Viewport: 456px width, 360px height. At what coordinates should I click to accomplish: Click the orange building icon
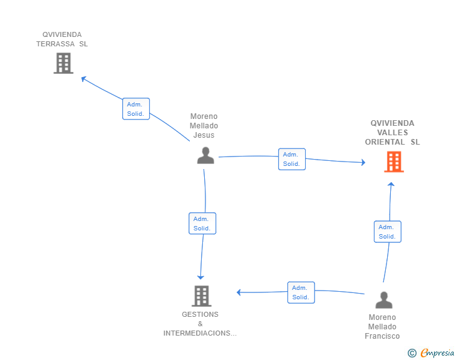point(394,162)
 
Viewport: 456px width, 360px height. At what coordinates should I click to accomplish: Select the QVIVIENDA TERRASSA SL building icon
point(63,63)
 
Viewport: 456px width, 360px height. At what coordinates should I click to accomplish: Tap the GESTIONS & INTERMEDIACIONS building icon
point(201,296)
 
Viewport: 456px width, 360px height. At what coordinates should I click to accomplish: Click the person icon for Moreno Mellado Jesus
point(205,155)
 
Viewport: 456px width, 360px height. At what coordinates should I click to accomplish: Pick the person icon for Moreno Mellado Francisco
point(384,300)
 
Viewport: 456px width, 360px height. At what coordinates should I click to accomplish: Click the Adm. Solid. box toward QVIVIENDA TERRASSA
point(136,109)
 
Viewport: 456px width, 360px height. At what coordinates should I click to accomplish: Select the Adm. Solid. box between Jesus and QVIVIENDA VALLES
point(292,159)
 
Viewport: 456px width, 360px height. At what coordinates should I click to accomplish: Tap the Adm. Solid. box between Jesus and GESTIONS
point(202,224)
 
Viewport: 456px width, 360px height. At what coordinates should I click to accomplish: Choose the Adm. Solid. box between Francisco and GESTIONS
point(301,292)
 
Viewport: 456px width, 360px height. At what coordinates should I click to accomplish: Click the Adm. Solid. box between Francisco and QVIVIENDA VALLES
point(387,232)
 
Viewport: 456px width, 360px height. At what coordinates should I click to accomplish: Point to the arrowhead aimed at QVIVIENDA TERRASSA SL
point(83,78)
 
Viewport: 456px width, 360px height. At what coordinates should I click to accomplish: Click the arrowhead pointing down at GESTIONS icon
point(200,277)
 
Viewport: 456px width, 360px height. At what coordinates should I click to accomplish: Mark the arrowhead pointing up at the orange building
point(391,184)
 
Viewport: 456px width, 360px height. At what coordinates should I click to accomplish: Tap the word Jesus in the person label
point(204,135)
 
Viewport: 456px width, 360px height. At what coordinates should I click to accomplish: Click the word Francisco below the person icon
point(382,336)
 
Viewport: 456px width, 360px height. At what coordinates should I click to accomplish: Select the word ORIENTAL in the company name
point(385,142)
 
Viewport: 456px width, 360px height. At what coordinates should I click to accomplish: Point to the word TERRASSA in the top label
point(56,44)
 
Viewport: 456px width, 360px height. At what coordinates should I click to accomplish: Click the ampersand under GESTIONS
point(200,324)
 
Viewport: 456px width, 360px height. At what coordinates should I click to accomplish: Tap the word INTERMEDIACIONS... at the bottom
point(200,333)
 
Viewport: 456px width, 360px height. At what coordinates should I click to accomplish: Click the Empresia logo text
point(437,352)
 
